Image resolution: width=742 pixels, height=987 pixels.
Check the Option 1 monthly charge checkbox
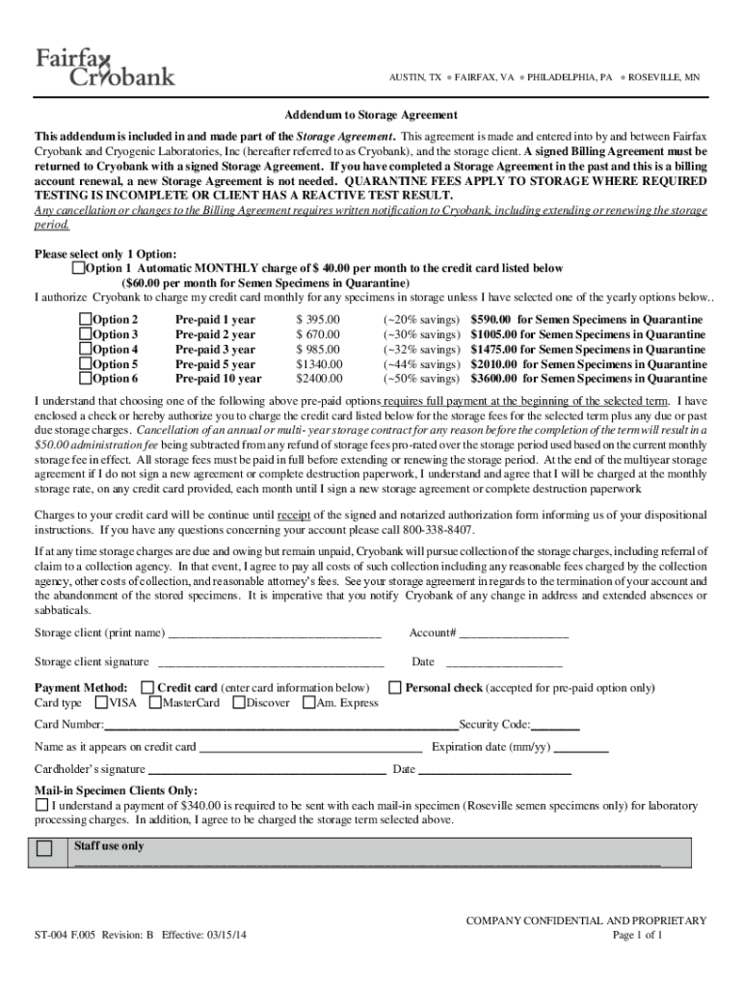point(79,268)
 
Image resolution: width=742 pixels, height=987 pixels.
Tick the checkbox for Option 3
point(86,333)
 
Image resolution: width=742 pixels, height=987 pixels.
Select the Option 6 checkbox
point(86,379)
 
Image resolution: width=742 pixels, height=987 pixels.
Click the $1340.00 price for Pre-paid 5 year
point(318,364)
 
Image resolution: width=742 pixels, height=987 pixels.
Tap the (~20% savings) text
point(421,319)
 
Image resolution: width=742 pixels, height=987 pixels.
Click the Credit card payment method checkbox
point(147,687)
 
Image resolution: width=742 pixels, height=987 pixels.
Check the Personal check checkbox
point(395,687)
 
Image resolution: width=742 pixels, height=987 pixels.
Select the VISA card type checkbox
point(100,703)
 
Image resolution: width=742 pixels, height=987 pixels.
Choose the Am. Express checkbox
point(308,703)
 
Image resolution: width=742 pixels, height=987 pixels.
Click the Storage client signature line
point(271,663)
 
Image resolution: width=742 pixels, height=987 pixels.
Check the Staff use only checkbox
point(45,849)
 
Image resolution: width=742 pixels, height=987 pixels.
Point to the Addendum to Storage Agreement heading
point(370,113)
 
